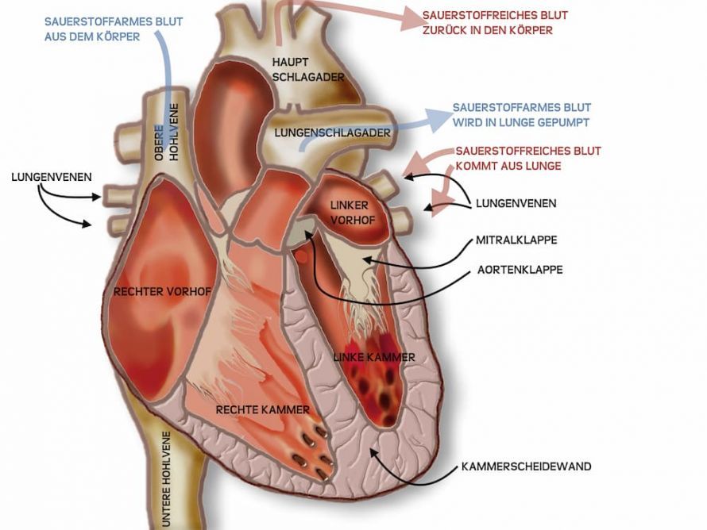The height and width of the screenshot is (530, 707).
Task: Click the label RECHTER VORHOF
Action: click(x=162, y=292)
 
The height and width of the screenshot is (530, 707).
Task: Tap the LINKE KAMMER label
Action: click(x=374, y=358)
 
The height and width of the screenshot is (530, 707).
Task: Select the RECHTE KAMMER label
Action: click(x=262, y=409)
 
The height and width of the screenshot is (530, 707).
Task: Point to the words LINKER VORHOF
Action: click(x=353, y=213)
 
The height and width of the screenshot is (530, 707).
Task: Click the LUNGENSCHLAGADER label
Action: click(x=332, y=132)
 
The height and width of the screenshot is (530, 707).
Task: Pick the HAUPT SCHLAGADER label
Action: click(x=308, y=70)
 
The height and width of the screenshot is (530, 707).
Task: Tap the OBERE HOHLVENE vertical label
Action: click(x=166, y=132)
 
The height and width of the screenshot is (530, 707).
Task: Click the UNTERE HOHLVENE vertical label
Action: click(x=166, y=479)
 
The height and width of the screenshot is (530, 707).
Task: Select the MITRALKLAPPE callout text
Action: click(x=516, y=240)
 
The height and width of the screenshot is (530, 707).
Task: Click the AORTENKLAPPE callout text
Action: click(x=520, y=270)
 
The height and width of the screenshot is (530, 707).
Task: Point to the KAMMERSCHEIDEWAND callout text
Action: click(x=526, y=467)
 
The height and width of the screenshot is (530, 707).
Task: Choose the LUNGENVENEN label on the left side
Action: click(x=52, y=177)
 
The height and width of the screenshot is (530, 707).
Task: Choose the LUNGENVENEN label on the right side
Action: click(x=516, y=204)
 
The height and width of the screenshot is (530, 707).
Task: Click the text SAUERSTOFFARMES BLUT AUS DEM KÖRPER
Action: click(x=114, y=29)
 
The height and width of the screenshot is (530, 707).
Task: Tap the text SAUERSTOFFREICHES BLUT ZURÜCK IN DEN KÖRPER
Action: click(x=495, y=22)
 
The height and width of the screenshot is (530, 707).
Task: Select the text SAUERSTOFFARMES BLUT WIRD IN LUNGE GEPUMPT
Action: click(x=522, y=115)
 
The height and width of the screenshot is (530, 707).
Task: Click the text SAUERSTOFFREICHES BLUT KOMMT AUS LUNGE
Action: click(x=528, y=158)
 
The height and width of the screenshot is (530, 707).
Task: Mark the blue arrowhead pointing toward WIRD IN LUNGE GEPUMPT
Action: click(x=438, y=119)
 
